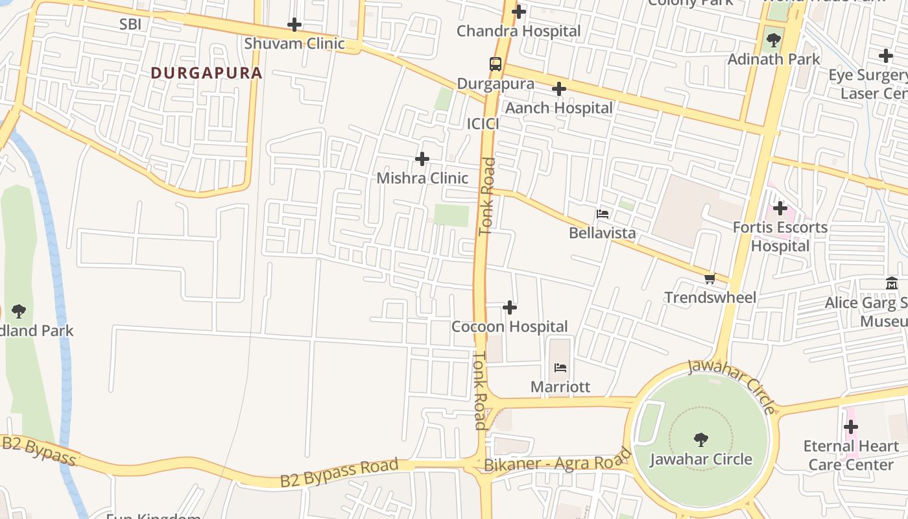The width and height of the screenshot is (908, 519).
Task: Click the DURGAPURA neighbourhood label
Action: point(206,73)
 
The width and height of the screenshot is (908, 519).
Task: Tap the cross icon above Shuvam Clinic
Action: point(294,25)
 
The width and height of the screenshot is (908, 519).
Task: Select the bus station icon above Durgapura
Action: point(496,64)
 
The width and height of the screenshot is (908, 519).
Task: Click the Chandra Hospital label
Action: point(518,31)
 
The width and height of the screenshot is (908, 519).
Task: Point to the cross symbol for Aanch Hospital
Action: point(558,89)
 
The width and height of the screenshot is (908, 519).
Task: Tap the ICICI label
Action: point(483,124)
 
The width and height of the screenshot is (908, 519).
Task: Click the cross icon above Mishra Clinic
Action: point(422,159)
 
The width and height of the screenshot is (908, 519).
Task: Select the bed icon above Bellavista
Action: point(603,213)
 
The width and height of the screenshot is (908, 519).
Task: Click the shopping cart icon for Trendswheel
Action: point(710,279)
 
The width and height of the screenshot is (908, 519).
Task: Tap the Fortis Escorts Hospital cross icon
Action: point(780,208)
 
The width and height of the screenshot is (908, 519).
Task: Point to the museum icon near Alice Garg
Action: point(892,284)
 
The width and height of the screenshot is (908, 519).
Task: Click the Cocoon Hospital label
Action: point(509,326)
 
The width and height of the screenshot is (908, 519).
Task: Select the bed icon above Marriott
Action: point(560,368)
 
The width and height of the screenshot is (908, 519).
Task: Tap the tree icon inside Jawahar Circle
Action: point(700,440)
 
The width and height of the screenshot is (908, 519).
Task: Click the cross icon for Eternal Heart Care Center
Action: point(850,427)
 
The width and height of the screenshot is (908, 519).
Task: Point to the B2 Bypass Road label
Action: point(339,473)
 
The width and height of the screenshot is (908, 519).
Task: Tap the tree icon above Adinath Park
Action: point(773,40)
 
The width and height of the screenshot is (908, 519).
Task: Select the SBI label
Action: point(130,25)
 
